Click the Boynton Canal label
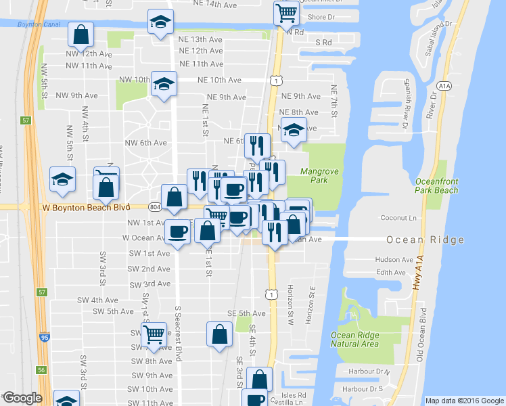coord(24,25)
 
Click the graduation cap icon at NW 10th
coord(164,84)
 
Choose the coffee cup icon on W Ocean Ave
coord(178,232)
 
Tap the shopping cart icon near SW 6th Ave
coord(154,334)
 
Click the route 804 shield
coord(155,206)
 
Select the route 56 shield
coord(41,370)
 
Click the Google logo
coord(22,398)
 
